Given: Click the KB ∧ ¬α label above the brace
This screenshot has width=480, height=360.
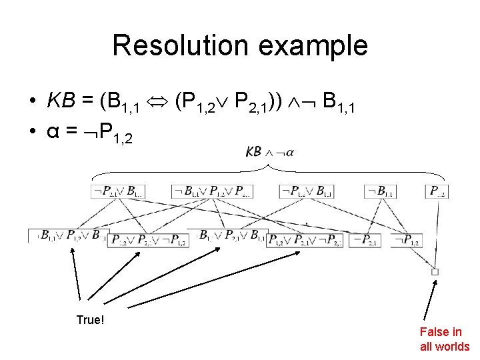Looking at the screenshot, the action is point(270,151).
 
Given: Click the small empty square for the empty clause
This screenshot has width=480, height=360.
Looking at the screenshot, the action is point(435,271).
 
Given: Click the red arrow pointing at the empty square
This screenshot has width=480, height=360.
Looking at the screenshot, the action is point(429,300).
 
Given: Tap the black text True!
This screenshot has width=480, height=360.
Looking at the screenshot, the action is point(90,320).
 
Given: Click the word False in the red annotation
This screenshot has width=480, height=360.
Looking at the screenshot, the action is point(432,331).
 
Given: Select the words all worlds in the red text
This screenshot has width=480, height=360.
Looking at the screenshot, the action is point(445,346).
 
